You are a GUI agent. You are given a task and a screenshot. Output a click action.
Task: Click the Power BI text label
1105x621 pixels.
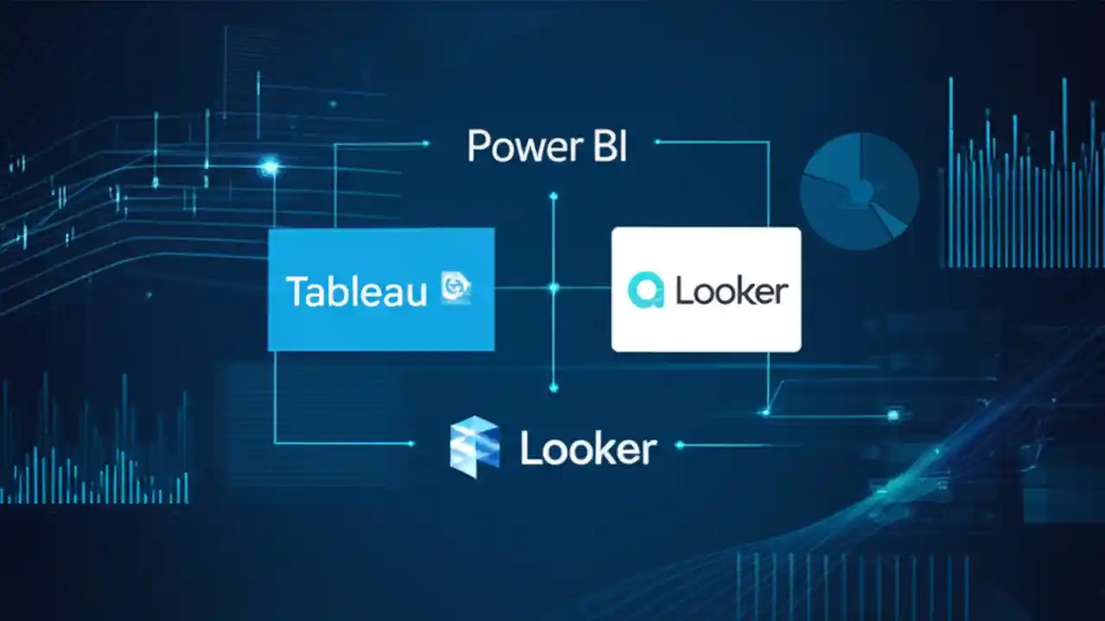point(546,147)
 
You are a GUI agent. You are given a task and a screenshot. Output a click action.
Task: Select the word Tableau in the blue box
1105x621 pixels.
point(356,292)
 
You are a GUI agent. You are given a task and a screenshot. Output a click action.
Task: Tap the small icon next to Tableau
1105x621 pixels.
point(455,287)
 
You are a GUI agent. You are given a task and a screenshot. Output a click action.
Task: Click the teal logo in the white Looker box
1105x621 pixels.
point(645,291)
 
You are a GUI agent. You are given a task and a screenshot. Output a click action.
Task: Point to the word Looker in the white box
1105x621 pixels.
point(731,292)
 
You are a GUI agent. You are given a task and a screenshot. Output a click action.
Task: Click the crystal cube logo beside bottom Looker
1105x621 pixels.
point(474,446)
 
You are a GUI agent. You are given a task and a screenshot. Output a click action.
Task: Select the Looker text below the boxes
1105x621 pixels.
point(588,449)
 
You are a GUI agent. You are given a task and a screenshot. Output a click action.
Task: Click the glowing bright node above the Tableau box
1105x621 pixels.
point(270,166)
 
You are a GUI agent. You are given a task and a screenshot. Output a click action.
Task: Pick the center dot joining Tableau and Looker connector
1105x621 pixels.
point(553,287)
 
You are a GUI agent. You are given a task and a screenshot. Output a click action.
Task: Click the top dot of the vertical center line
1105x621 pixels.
point(553,196)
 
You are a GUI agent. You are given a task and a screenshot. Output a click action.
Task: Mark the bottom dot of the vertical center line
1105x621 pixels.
point(553,388)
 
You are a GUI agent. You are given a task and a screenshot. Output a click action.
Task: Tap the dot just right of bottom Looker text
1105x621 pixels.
point(680,445)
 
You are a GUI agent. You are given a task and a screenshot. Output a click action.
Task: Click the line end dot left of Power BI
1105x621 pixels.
point(426,144)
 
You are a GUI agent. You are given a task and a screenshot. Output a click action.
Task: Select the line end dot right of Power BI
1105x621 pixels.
point(658,141)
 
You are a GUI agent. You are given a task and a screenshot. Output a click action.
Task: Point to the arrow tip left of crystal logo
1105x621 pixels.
point(412,443)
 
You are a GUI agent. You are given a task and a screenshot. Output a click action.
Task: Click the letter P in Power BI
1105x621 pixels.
point(478,147)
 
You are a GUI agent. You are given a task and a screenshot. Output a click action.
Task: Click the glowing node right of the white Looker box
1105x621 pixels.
point(893,416)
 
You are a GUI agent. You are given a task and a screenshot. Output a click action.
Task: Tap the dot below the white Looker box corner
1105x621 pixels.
point(767,412)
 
